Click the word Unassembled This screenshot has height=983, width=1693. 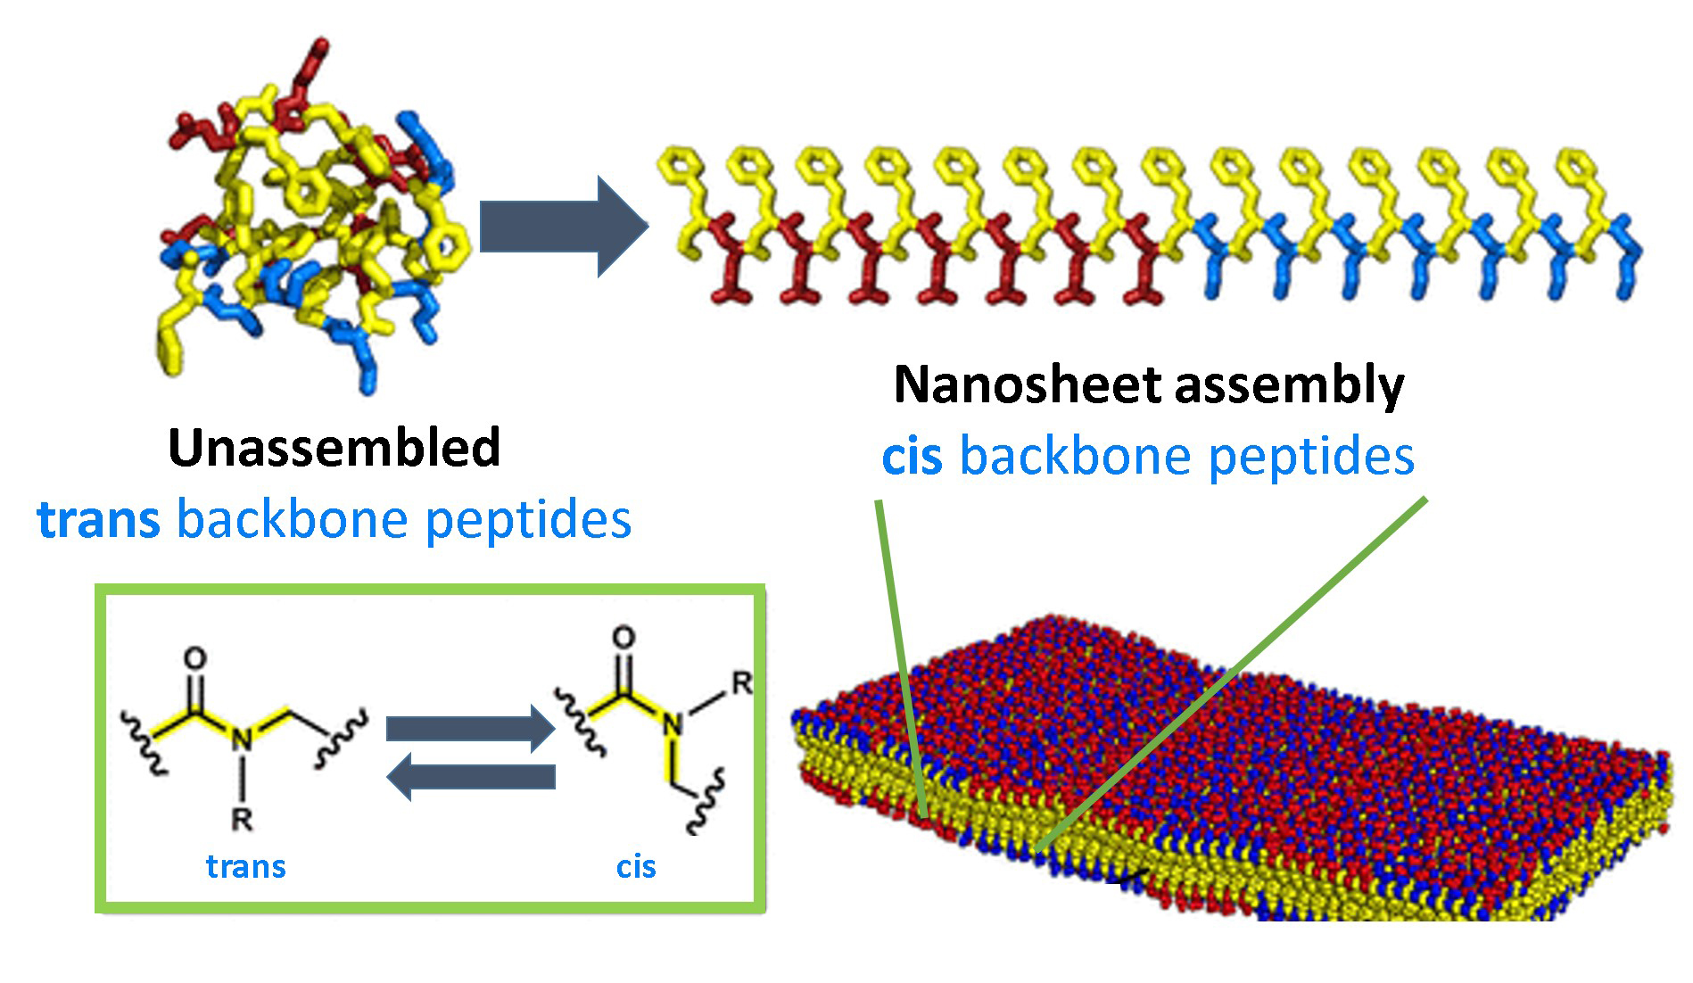(334, 448)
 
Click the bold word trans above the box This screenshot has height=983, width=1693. (98, 519)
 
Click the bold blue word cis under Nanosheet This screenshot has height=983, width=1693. (911, 457)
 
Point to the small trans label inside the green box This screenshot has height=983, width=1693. (245, 866)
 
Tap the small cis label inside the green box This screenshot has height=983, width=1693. (636, 866)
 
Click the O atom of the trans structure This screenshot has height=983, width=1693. (194, 658)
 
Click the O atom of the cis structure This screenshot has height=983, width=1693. (624, 637)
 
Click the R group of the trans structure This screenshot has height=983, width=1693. (242, 819)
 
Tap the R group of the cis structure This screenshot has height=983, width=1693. (741, 683)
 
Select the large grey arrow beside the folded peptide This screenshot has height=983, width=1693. (562, 227)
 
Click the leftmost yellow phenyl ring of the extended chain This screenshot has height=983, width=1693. (680, 166)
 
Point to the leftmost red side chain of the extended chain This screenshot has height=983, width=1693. (730, 268)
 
